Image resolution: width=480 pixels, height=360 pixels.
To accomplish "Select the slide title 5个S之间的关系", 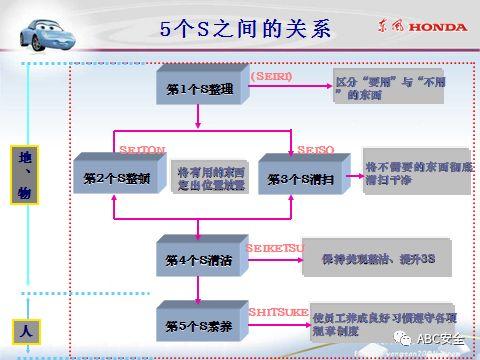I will click(244, 28).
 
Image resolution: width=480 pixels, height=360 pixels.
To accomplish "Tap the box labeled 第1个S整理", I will click(199, 89).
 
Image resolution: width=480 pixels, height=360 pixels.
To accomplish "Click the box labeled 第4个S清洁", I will click(199, 260).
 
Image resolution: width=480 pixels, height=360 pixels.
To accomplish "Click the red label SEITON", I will click(142, 149).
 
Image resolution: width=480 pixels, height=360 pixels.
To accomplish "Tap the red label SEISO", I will click(315, 149).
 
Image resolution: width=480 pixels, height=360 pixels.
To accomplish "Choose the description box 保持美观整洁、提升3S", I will click(377, 259).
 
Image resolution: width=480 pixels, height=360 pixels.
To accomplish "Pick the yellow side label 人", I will click(25, 328).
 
